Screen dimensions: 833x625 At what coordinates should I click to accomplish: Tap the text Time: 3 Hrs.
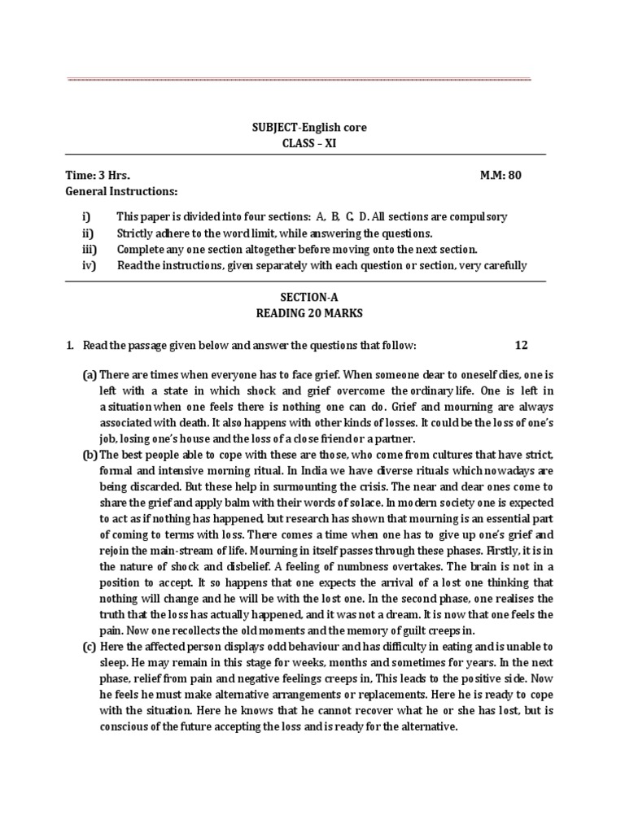97,176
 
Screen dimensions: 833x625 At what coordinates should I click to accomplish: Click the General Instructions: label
120,191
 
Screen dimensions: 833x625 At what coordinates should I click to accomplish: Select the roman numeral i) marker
86,216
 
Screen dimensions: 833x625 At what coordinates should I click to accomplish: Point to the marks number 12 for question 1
522,346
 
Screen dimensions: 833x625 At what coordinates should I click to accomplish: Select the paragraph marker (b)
90,454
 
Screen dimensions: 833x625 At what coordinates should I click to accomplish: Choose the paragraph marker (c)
90,647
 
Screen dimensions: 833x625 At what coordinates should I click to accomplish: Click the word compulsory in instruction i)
481,216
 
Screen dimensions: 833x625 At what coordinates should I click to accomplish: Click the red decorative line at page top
299,80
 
